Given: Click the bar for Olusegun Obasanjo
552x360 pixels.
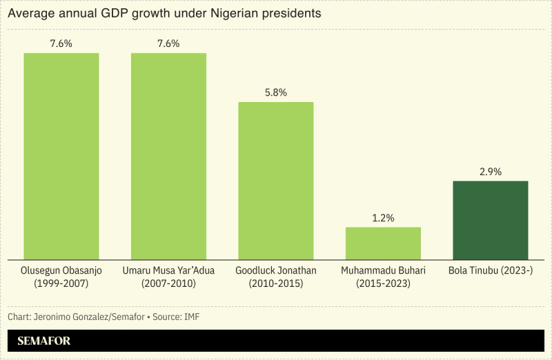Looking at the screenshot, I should pyautogui.click(x=61, y=156).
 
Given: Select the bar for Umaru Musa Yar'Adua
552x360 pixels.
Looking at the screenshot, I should pyautogui.click(x=168, y=156).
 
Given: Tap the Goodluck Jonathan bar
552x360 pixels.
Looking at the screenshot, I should pyautogui.click(x=276, y=181).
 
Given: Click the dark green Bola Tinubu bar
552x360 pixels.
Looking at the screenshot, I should pyautogui.click(x=491, y=220).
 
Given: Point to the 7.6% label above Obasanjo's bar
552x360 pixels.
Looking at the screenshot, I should pyautogui.click(x=61, y=43).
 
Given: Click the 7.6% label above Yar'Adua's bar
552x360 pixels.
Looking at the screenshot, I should pyautogui.click(x=168, y=43).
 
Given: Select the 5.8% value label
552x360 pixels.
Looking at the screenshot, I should pyautogui.click(x=276, y=92).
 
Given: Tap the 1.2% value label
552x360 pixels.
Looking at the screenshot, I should pyautogui.click(x=383, y=218).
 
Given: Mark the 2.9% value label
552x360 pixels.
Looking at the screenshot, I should pyautogui.click(x=491, y=171).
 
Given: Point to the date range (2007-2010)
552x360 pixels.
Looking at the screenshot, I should pyautogui.click(x=168, y=283).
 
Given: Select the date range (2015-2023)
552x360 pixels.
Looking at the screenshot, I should pyautogui.click(x=383, y=283).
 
